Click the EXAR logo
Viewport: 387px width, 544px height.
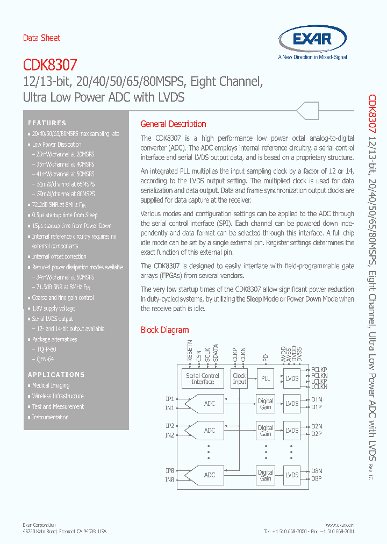click(312, 40)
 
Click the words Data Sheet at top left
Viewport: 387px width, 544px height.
click(41, 38)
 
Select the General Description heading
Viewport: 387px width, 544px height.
click(173, 124)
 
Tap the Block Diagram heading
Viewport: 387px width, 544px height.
click(164, 330)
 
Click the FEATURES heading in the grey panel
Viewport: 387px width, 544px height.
click(47, 123)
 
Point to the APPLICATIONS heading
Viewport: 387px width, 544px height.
click(56, 374)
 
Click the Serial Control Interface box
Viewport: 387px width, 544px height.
click(203, 378)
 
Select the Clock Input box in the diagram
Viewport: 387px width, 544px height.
click(239, 378)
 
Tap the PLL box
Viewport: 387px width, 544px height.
click(266, 378)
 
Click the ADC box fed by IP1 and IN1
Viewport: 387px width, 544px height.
click(210, 403)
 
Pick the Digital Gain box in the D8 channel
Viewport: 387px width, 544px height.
click(266, 475)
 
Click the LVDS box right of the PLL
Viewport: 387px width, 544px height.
click(292, 378)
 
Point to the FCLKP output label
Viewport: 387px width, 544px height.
click(319, 370)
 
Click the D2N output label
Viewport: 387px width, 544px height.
click(317, 426)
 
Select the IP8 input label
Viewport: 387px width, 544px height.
click(169, 471)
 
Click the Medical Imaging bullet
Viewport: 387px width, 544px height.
click(51, 385)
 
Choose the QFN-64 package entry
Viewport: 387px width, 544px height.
click(43, 359)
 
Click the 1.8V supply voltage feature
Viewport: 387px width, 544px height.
click(53, 309)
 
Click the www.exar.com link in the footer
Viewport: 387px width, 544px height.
click(340, 525)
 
